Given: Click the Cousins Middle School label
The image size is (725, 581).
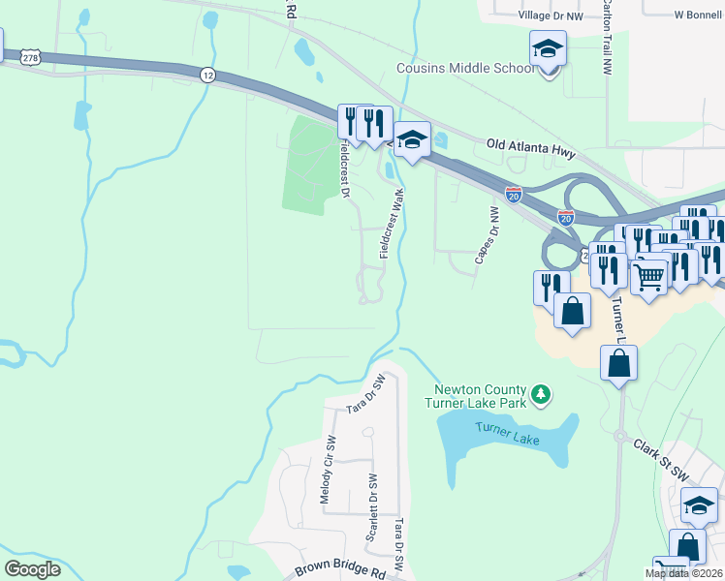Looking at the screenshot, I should (x=464, y=68).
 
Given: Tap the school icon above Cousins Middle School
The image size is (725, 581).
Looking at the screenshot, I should (x=547, y=47).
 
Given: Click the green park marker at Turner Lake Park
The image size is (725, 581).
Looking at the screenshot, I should (x=542, y=394).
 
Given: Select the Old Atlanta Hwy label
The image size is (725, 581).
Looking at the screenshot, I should (x=531, y=153).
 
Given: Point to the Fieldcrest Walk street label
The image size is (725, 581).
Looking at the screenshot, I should (x=392, y=223).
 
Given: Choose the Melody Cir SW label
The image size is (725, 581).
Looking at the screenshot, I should (x=328, y=469).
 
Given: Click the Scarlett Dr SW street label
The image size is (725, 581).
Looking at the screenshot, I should (x=371, y=507).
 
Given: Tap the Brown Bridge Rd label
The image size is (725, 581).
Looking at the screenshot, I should (x=338, y=572).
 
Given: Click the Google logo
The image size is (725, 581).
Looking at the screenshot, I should (x=32, y=569).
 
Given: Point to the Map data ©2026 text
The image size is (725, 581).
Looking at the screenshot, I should (x=683, y=573).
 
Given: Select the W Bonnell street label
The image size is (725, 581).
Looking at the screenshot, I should (x=699, y=16).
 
